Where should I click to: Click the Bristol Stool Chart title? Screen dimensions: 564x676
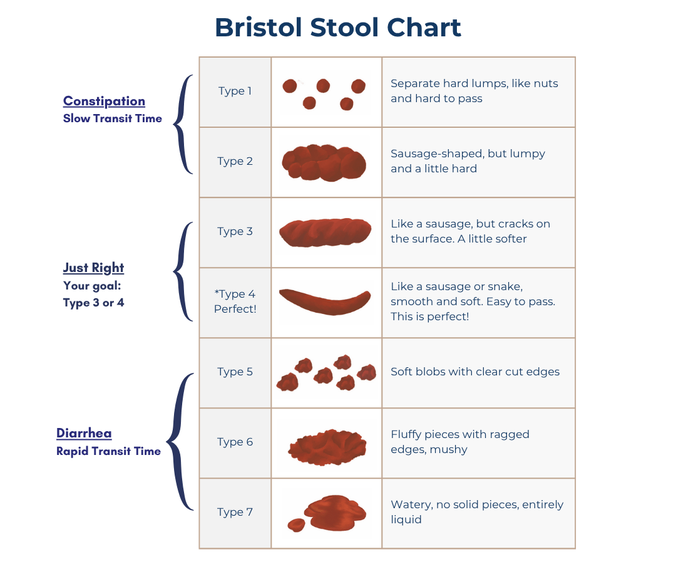[338, 28]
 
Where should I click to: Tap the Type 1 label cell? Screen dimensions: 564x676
[235, 91]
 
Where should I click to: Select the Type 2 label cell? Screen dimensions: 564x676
[235, 162]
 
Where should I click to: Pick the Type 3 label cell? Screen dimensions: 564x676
[235, 232]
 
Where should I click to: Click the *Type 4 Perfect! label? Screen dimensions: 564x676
[235, 301]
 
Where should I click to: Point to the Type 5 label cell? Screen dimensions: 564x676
[235, 372]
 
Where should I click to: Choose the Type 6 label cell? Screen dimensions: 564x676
[235, 442]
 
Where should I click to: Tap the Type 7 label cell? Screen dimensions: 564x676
[235, 513]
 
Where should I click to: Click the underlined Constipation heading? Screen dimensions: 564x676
[104, 102]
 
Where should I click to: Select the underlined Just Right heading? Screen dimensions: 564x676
[93, 268]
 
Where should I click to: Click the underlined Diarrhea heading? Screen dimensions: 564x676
[84, 433]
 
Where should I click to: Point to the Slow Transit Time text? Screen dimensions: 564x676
[112, 118]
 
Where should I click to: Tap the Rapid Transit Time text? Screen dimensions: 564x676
[108, 451]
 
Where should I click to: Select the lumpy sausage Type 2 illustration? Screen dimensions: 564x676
[324, 162]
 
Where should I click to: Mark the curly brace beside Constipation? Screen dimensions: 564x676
[182, 123]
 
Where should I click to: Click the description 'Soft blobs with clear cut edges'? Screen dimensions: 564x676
[474, 372]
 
